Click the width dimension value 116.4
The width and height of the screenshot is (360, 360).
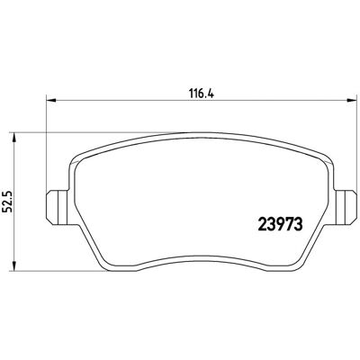[x=201, y=94]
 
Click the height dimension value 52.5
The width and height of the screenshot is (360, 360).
[x=7, y=202]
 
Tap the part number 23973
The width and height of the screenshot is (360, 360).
[x=280, y=225]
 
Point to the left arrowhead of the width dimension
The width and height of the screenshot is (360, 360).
[x=51, y=101]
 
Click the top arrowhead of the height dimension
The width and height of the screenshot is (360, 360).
[x=13, y=137]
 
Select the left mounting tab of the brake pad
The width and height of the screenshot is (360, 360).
[x=58, y=208]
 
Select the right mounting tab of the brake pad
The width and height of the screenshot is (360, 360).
[x=345, y=208]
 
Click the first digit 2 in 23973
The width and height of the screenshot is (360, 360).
[x=262, y=225]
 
